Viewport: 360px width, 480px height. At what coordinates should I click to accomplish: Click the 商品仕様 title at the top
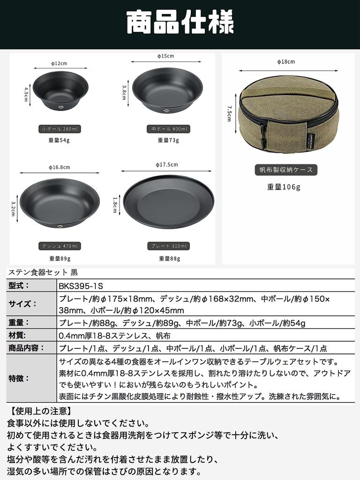click(x=180, y=22)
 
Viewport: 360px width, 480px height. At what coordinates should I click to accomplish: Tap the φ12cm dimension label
click(x=59, y=63)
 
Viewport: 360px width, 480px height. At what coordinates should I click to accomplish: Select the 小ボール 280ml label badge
click(x=59, y=129)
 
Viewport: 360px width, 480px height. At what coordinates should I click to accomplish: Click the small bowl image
click(x=60, y=90)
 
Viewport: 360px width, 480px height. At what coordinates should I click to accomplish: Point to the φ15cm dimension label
click(x=166, y=56)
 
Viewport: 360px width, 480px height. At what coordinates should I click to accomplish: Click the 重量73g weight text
click(x=168, y=140)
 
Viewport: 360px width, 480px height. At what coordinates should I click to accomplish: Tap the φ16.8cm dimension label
click(x=59, y=167)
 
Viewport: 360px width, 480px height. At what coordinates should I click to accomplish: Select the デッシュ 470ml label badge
click(x=59, y=246)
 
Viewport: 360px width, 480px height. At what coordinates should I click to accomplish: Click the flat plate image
click(x=169, y=202)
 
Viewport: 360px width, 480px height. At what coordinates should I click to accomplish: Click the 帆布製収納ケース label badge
click(x=286, y=170)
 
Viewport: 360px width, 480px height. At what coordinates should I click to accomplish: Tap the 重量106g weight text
click(x=284, y=187)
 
